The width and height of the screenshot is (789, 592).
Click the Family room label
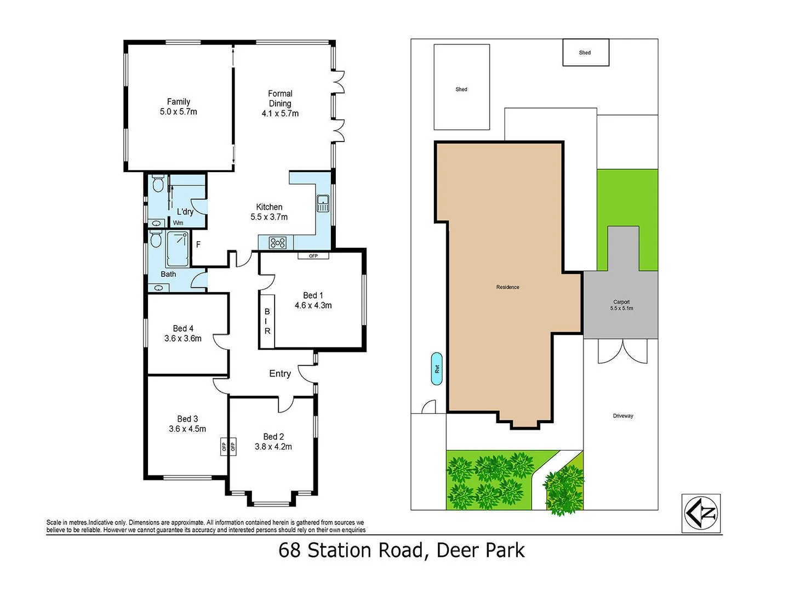[179, 106]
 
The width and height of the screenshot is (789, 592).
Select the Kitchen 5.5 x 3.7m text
[269, 212]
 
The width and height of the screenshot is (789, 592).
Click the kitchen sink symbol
[323, 203]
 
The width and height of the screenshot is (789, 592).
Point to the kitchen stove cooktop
[278, 242]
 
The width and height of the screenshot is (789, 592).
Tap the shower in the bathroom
[178, 248]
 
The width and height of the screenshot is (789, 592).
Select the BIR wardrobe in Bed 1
[267, 321]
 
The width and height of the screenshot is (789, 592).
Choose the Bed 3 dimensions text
[187, 429]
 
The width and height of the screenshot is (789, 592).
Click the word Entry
[280, 374]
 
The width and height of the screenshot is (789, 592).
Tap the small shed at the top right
[586, 53]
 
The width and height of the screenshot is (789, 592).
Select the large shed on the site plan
[461, 88]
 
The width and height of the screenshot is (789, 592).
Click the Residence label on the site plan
[507, 287]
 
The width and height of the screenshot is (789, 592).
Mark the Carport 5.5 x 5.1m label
[621, 305]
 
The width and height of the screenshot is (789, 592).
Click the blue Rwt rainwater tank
[437, 369]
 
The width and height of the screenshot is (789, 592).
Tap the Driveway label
[623, 416]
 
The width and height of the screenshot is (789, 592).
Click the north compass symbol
[701, 514]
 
